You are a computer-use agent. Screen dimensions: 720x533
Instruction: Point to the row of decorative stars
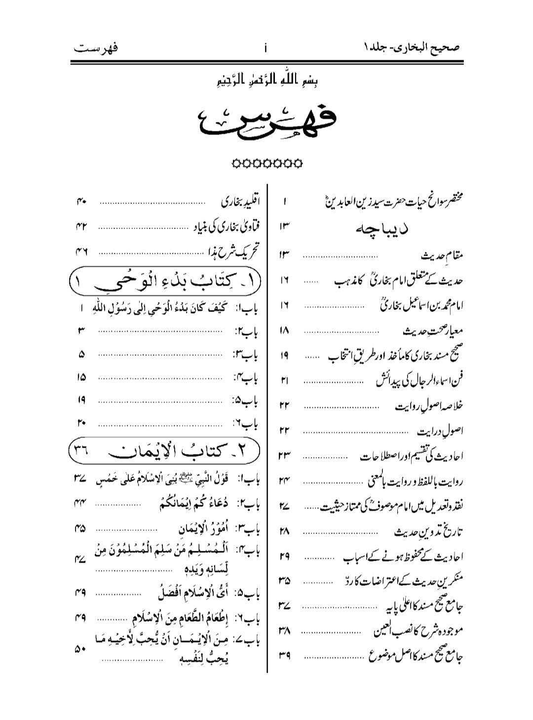(x=267, y=162)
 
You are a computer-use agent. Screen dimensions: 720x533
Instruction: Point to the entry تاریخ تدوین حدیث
(x=430, y=531)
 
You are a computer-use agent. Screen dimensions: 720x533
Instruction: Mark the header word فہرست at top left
(x=97, y=48)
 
